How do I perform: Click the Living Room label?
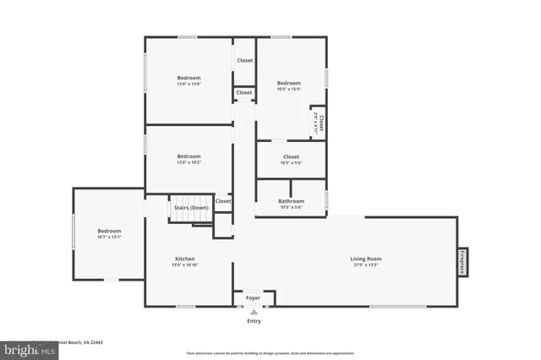tap(366, 259)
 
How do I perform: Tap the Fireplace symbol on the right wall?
tap(462, 262)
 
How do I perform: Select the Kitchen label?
tap(184, 259)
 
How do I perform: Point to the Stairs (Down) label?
tap(191, 208)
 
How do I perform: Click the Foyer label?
tap(253, 298)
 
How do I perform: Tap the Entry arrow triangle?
tap(253, 312)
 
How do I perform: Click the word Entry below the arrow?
tap(254, 321)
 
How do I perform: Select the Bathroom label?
tap(291, 201)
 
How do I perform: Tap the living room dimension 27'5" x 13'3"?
tap(366, 265)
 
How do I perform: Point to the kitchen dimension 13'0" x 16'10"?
tap(184, 265)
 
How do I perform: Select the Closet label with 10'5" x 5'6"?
tap(291, 157)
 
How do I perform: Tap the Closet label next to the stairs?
tap(223, 201)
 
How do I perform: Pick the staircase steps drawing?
tap(191, 218)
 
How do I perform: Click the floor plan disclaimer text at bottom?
tap(270, 353)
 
